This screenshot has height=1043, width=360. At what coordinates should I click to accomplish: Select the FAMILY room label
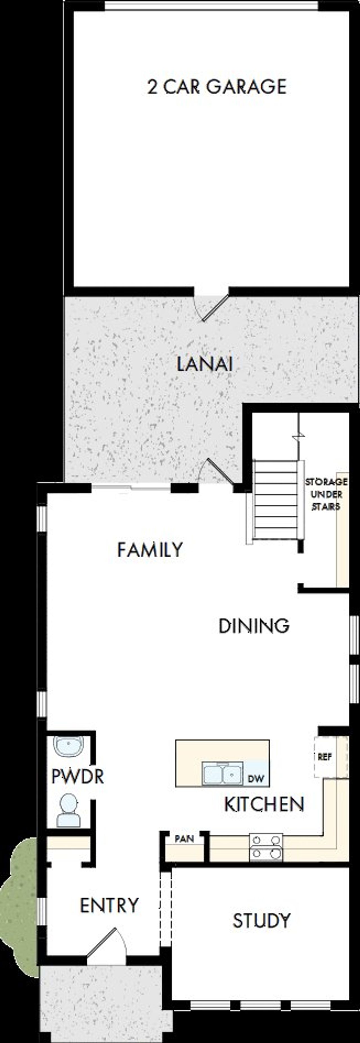pos(150,550)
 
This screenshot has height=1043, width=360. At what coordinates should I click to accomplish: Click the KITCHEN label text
pos(264,804)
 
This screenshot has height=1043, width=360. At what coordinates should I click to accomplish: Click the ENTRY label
pos(109,905)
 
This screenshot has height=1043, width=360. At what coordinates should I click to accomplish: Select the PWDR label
pos(78,777)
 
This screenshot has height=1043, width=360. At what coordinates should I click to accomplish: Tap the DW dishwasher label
pos(256,778)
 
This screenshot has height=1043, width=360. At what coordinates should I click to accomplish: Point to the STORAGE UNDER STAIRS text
pos(326,494)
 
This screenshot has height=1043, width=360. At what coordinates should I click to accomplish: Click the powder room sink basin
pos(68,746)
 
